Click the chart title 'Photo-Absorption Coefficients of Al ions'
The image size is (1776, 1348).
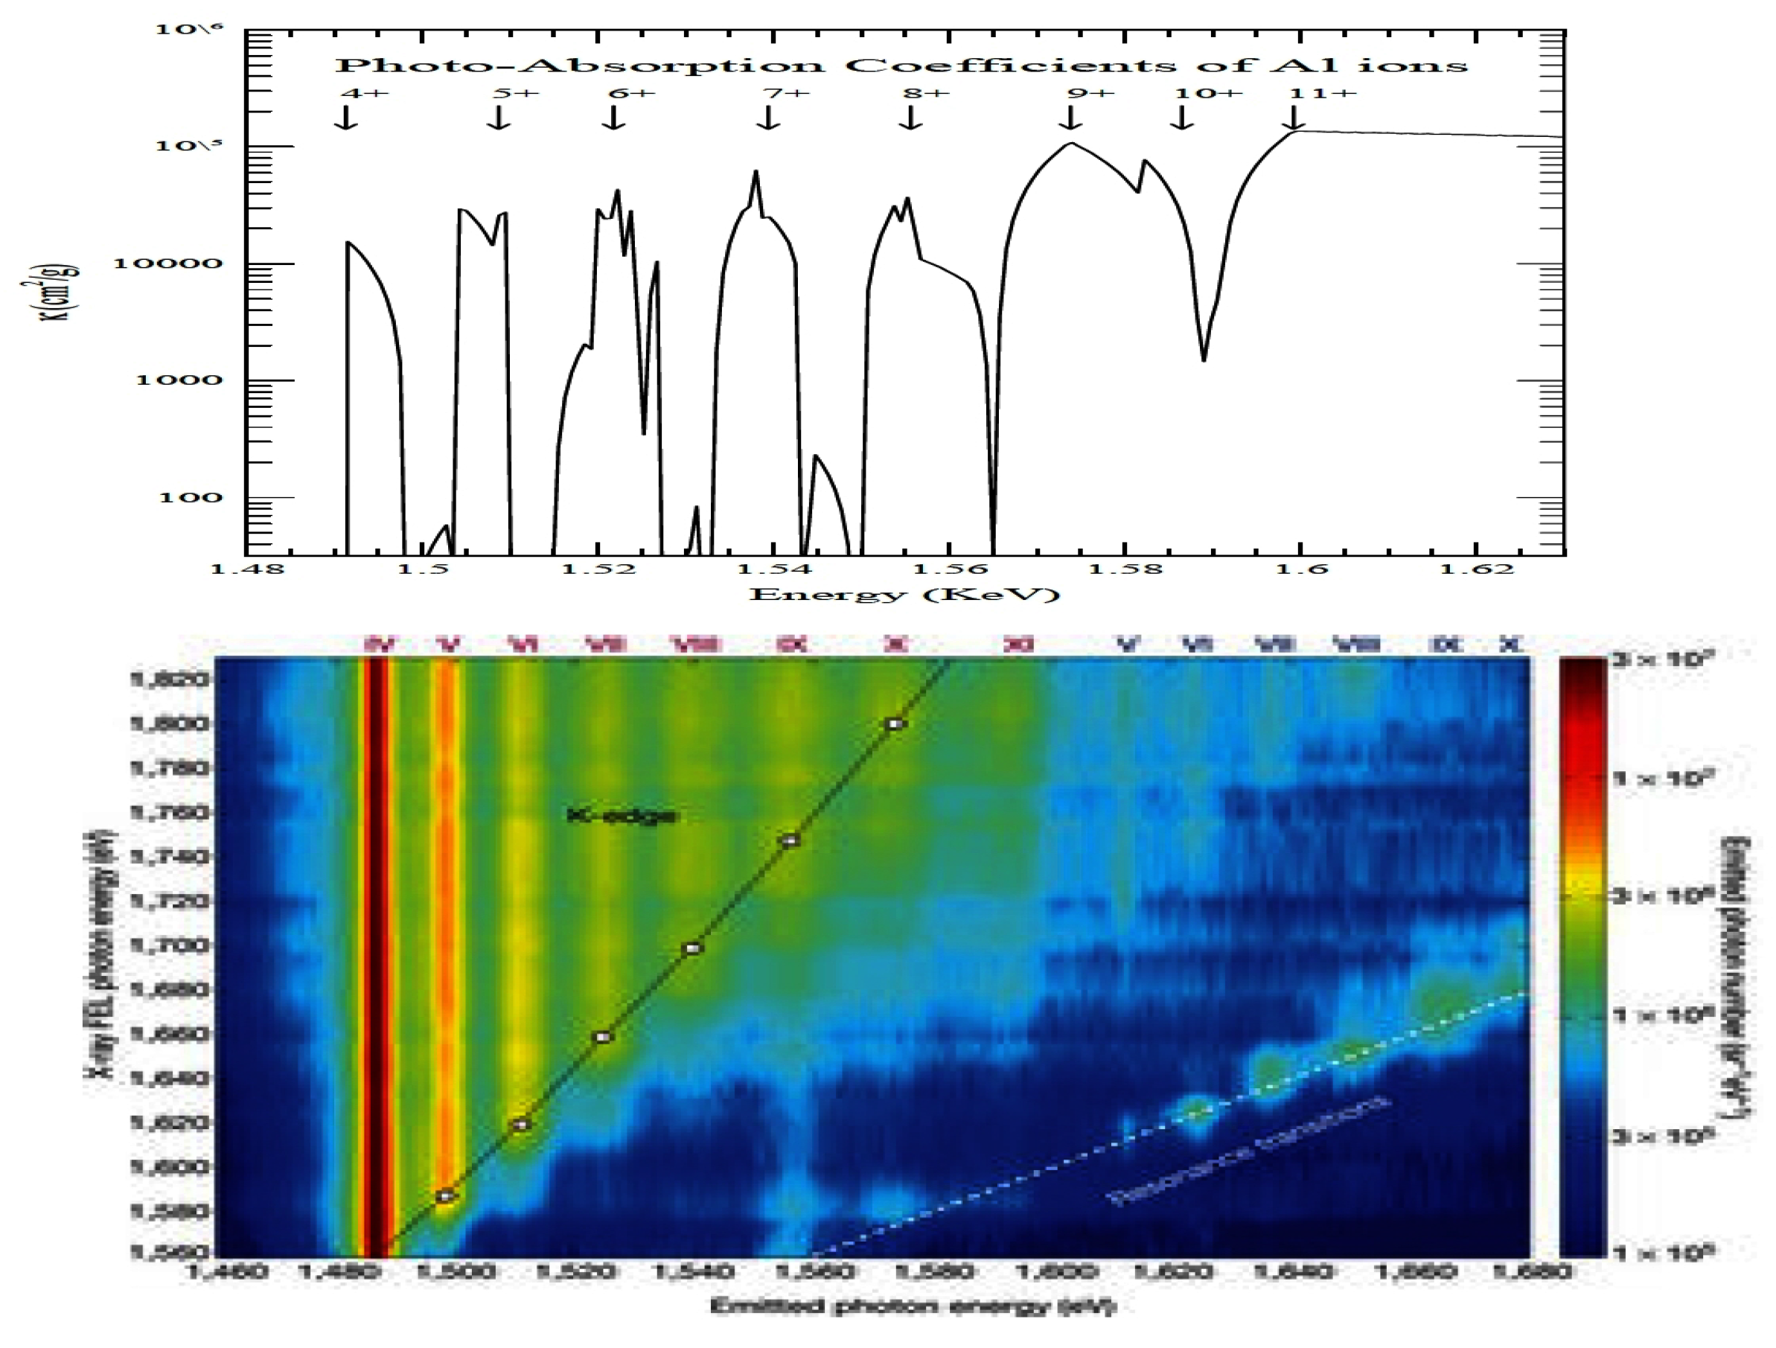pyautogui.click(x=901, y=65)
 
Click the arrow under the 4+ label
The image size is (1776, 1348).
pyautogui.click(x=346, y=118)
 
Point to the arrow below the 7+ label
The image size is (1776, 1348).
pyautogui.click(x=768, y=118)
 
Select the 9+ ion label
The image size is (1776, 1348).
pyautogui.click(x=1090, y=93)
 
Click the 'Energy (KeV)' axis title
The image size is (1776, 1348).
pyautogui.click(x=904, y=595)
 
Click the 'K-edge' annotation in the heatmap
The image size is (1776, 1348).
pyautogui.click(x=621, y=817)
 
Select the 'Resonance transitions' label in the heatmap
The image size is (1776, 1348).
pyautogui.click(x=1248, y=1150)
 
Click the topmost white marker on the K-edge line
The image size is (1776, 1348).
pyautogui.click(x=895, y=724)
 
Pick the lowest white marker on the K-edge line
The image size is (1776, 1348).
pyautogui.click(x=447, y=1196)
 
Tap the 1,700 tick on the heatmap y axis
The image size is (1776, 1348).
pyautogui.click(x=167, y=946)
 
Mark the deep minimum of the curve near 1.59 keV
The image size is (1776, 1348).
pyautogui.click(x=1204, y=358)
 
